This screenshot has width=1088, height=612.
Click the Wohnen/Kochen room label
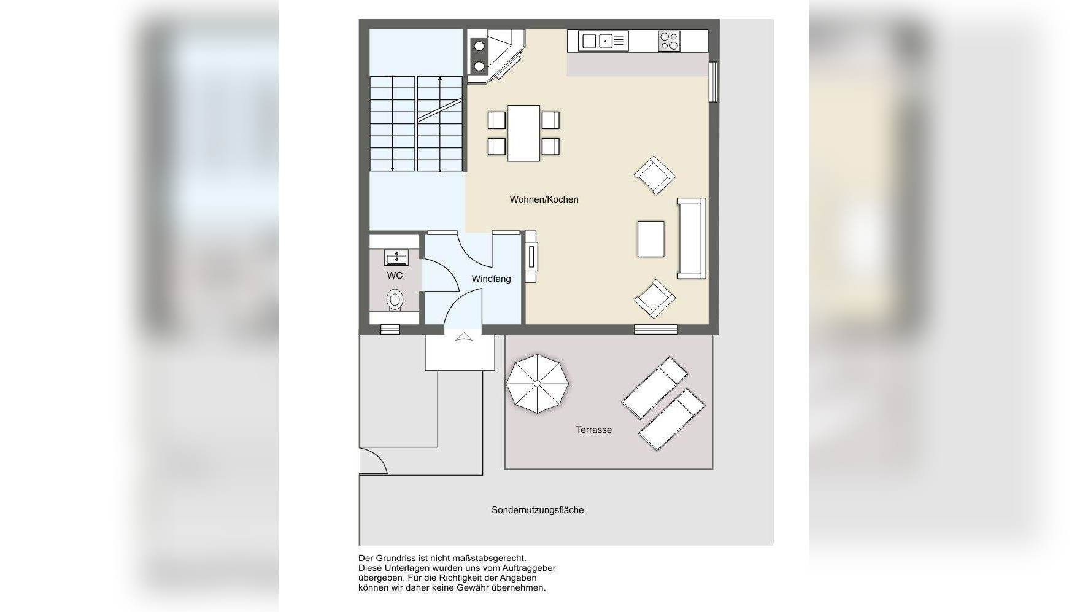point(544,199)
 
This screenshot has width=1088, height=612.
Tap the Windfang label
point(491,279)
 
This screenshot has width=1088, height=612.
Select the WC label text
point(395,276)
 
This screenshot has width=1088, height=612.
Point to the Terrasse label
point(593,430)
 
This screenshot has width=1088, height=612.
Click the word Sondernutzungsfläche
point(538,510)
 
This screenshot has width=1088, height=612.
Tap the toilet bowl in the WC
point(395,300)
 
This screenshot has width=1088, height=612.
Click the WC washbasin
point(396,257)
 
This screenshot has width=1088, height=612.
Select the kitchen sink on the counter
point(603,41)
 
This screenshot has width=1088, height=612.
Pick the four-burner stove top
point(669,41)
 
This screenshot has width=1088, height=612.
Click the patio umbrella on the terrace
point(537,384)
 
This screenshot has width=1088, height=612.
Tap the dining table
point(523,133)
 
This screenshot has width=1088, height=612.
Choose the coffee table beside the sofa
point(650,239)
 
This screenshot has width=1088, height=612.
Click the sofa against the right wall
point(692,238)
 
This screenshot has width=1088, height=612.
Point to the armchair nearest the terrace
point(655,299)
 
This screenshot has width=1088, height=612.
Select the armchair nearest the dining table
point(655,175)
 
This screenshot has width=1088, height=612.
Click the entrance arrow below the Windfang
point(463,336)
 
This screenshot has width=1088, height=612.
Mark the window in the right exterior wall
point(712,82)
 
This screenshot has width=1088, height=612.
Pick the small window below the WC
point(390,330)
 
